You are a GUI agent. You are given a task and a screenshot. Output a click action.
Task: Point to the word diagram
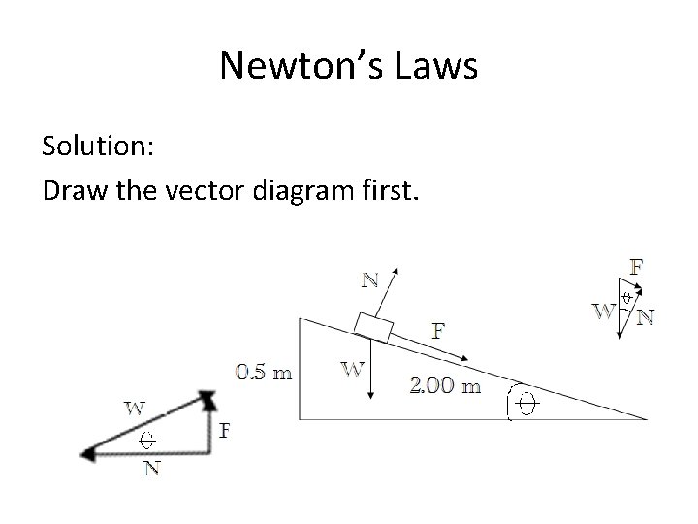(x=302, y=189)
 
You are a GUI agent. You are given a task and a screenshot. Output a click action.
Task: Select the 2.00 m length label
(x=445, y=386)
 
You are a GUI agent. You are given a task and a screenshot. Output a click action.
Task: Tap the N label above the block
(x=369, y=281)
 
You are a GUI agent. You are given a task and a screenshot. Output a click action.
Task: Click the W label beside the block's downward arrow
(x=352, y=369)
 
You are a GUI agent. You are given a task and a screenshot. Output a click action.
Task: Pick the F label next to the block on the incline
(x=438, y=330)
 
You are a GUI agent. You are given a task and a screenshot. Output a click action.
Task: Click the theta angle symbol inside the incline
(x=524, y=402)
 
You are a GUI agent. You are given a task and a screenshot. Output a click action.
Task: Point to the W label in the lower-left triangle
(x=135, y=407)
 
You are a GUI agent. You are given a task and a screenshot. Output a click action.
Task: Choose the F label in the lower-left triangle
(x=225, y=429)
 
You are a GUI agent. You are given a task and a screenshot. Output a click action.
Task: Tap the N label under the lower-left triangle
(x=151, y=470)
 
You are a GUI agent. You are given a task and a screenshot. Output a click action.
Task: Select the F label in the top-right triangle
(x=638, y=264)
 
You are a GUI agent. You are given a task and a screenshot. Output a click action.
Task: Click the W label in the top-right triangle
(x=603, y=311)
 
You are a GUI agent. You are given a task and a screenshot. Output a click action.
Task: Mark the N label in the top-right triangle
(x=644, y=316)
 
